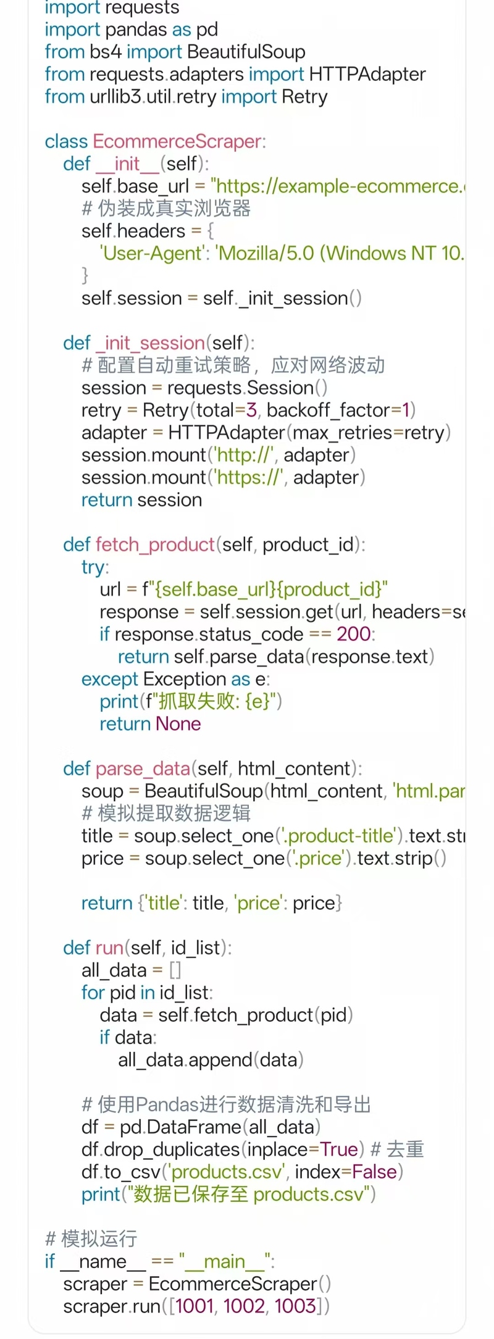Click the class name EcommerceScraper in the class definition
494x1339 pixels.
click(177, 142)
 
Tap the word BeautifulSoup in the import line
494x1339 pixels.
click(246, 52)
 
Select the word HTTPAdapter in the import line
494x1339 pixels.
click(367, 75)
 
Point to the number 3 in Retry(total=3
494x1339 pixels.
click(251, 411)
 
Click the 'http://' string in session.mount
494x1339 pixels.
click(243, 456)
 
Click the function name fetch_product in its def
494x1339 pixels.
click(156, 545)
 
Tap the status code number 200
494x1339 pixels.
click(353, 635)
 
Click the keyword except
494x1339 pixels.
click(110, 680)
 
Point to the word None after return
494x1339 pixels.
click(178, 724)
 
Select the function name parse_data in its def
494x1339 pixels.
click(143, 769)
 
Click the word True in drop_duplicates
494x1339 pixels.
click(339, 1150)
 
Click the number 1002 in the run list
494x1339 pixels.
click(244, 1307)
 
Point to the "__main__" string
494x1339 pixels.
click(224, 1262)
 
